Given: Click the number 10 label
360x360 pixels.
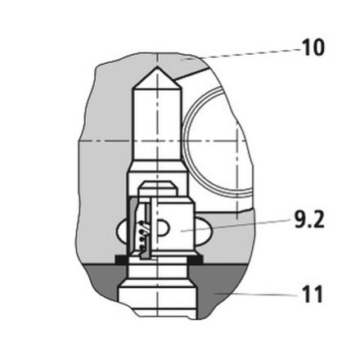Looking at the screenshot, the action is (x=313, y=47).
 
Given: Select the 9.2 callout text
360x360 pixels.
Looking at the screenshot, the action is (x=309, y=219).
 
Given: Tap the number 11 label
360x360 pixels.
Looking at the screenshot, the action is (x=313, y=294).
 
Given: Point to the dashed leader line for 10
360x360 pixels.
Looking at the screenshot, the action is (x=242, y=54).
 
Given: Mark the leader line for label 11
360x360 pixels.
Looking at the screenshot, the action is (x=255, y=294).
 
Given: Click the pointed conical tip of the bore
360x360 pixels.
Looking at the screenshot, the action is (x=157, y=67).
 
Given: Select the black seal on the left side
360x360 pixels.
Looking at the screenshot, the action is (x=122, y=259).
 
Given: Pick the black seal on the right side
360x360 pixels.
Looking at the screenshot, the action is (x=195, y=259).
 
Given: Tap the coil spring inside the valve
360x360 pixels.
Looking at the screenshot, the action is (x=142, y=236).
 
